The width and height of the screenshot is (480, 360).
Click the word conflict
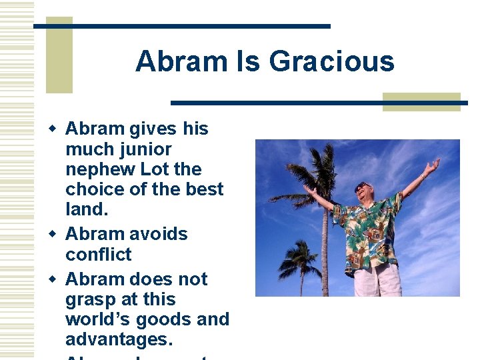tap(99, 255)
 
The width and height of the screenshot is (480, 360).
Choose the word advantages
tap(119, 340)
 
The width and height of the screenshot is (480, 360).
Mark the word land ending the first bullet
tap(85, 210)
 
